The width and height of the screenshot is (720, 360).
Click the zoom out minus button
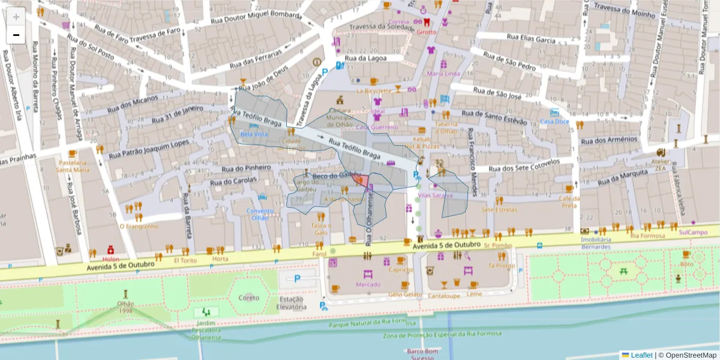(16, 35)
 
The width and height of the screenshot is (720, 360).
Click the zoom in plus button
(16, 17)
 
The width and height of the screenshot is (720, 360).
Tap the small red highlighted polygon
(362, 180)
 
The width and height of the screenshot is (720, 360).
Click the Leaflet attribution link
(641, 355)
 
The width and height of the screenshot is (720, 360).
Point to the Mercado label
(368, 284)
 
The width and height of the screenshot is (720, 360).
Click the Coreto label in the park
(249, 298)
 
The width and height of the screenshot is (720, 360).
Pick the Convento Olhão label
(259, 214)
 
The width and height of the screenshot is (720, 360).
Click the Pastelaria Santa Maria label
(73, 166)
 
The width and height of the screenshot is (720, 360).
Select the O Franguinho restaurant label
(139, 226)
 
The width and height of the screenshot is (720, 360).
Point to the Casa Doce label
(554, 121)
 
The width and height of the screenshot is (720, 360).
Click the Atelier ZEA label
(660, 164)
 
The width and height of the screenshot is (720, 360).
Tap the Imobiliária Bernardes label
(596, 243)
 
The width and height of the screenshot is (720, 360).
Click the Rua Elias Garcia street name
(531, 39)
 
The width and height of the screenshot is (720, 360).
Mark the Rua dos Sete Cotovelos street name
(524, 166)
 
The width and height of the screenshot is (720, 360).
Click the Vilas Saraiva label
(435, 196)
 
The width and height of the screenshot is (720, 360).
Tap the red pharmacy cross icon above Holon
(110, 250)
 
